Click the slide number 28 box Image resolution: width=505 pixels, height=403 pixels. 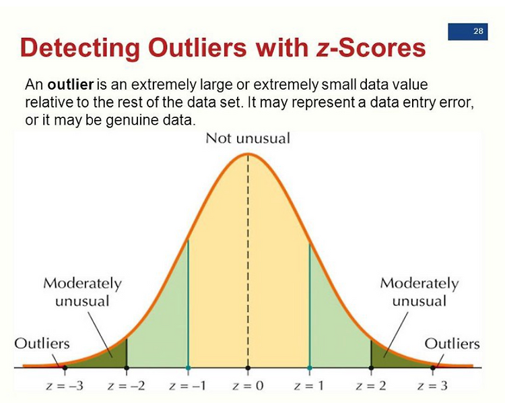[468, 32]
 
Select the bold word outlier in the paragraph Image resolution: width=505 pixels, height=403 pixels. [70, 84]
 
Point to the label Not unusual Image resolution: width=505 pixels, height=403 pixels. [248, 138]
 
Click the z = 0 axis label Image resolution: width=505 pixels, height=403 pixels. [248, 385]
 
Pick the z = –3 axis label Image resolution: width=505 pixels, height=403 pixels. [65, 385]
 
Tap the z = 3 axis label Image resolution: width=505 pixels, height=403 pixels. [432, 385]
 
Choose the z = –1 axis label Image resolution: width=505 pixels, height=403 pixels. [187, 385]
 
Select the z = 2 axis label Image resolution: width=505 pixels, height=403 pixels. [371, 385]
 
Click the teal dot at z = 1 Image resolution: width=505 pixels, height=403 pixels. [310, 368]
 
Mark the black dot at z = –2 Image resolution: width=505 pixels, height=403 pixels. [127, 368]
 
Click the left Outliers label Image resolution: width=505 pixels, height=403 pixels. [42, 344]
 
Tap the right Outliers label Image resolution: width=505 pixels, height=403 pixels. [452, 344]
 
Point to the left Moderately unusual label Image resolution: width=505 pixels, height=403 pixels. [82, 292]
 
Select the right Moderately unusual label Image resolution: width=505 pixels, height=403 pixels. [419, 292]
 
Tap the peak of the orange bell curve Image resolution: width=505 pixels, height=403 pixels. [248, 154]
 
